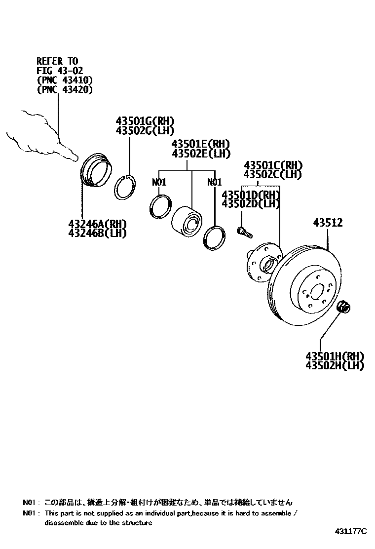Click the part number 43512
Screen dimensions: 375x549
coord(328,223)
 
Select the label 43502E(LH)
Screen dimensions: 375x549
coord(201,154)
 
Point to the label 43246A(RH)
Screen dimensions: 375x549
coord(98,224)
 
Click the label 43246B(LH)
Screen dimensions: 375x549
coord(98,233)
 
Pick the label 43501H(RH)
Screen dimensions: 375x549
coord(335,356)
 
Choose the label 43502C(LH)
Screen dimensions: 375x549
coord(273,174)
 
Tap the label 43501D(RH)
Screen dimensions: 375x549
coord(251,195)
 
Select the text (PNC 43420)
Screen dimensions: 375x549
coord(65,89)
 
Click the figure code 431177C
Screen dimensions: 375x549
coord(351,531)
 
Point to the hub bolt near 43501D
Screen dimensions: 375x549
coord(243,230)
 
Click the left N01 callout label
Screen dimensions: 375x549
coord(159,182)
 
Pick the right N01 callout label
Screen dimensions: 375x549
coord(215,182)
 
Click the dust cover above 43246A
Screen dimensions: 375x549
coord(96,171)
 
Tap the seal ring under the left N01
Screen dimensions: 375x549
coord(161,206)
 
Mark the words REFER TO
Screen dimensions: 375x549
coord(57,61)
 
